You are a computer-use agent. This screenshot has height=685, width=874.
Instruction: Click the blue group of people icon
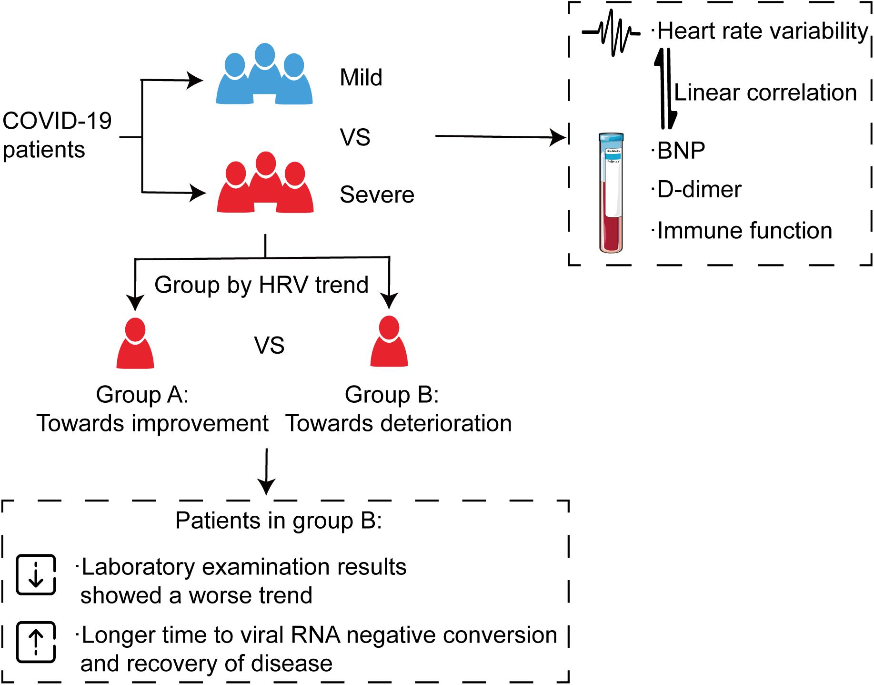264,74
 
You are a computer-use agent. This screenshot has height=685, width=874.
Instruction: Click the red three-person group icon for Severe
265,182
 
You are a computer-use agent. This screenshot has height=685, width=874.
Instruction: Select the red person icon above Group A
135,343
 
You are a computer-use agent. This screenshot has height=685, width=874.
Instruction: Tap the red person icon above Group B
389,341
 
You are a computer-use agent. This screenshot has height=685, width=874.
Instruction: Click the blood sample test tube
611,193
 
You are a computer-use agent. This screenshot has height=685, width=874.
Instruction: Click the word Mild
361,77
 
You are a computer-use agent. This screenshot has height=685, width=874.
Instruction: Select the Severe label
377,194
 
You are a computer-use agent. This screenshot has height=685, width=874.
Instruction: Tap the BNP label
681,151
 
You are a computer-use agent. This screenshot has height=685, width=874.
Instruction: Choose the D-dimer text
699,190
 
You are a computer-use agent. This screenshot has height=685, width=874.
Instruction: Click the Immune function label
744,231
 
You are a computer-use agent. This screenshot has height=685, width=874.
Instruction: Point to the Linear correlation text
765,92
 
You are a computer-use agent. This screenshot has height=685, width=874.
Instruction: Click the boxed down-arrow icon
36,574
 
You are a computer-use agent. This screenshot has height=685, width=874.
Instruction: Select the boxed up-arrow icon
36,642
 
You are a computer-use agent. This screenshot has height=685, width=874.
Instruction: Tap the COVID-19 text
57,121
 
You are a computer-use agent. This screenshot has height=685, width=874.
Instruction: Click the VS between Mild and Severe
355,137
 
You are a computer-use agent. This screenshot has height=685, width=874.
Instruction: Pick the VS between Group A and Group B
269,345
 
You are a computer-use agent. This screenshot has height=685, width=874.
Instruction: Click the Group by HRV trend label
261,285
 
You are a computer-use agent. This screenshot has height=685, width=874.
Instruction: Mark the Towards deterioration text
399,423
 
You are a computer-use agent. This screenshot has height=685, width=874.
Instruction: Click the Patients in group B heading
279,521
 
